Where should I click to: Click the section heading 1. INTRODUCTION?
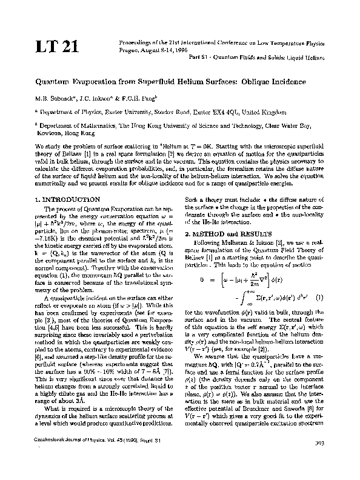(x=68, y=199)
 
